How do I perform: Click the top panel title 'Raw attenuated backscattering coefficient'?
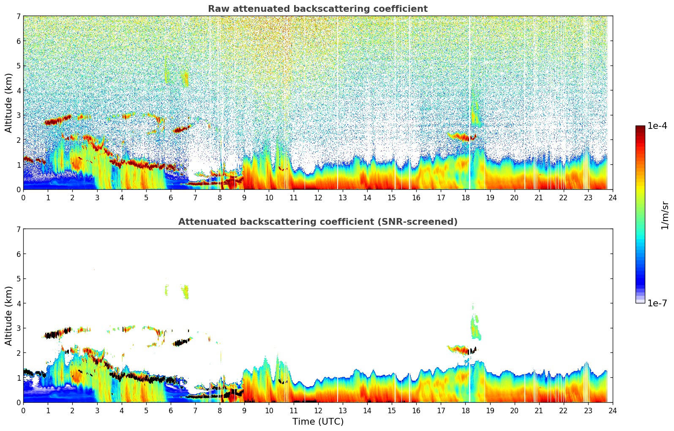pyautogui.click(x=317, y=9)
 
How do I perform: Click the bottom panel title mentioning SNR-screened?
pyautogui.click(x=317, y=222)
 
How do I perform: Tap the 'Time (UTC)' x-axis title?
pyautogui.click(x=318, y=422)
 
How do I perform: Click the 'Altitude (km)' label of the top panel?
pyautogui.click(x=9, y=103)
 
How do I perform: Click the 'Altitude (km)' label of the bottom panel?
pyautogui.click(x=9, y=316)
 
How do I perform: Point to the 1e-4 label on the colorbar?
pyautogui.click(x=657, y=126)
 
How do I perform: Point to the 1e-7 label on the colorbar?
pyautogui.click(x=657, y=303)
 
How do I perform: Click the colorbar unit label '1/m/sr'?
pyautogui.click(x=665, y=215)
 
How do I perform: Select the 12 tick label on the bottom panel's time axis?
pyautogui.click(x=318, y=411)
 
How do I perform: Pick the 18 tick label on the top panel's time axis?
pyautogui.click(x=465, y=198)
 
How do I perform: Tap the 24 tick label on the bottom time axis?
pyautogui.click(x=612, y=411)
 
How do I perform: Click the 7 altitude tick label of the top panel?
pyautogui.click(x=19, y=16)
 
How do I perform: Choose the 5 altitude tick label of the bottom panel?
pyautogui.click(x=19, y=278)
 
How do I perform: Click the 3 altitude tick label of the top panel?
pyautogui.click(x=19, y=115)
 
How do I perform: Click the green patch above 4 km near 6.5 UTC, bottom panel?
pyautogui.click(x=185, y=291)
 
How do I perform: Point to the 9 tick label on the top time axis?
pyautogui.click(x=244, y=198)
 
